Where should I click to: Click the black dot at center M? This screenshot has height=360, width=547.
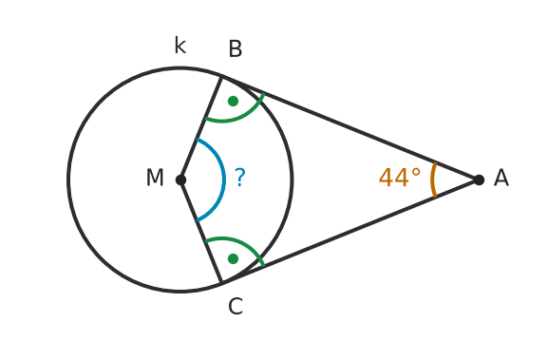pyautogui.click(x=180, y=180)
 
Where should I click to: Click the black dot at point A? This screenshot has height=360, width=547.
pyautogui.click(x=479, y=180)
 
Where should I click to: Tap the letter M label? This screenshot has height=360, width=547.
pyautogui.click(x=155, y=178)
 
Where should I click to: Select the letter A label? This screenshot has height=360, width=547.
pyautogui.click(x=501, y=178)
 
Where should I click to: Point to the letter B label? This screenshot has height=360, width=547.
pyautogui.click(x=236, y=48)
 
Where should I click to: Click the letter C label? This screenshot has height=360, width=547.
pyautogui.click(x=236, y=307)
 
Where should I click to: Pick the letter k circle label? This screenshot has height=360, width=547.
pyautogui.click(x=180, y=45)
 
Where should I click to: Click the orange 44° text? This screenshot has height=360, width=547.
pyautogui.click(x=400, y=178)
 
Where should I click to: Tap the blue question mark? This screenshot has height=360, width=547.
pyautogui.click(x=240, y=178)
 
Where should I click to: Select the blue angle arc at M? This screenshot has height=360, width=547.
pyautogui.click(x=223, y=180)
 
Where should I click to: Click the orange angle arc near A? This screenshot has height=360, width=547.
pyautogui.click(x=431, y=180)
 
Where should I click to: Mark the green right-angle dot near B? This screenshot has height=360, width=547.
pyautogui.click(x=233, y=102)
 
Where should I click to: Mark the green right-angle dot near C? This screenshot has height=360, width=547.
pyautogui.click(x=233, y=258)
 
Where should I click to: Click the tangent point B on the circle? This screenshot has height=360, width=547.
pyautogui.click(x=222, y=76)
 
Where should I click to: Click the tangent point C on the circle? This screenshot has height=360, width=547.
pyautogui.click(x=222, y=283)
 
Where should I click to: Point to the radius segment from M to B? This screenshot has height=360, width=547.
pyautogui.click(x=201, y=128)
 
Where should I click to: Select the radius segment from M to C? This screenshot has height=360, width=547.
pyautogui.click(x=201, y=232)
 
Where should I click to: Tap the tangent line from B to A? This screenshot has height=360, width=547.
pyautogui.click(x=350, y=128)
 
